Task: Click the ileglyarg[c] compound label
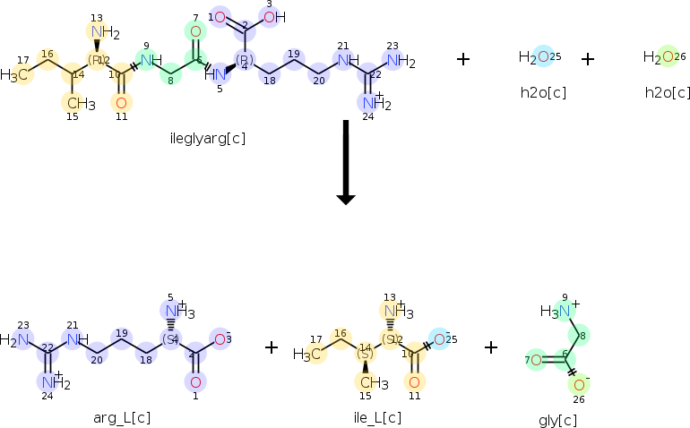point(207,139)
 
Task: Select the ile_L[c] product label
point(377,417)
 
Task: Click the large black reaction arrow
point(345,162)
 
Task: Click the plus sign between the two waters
point(588,59)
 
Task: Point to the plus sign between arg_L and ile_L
point(272,347)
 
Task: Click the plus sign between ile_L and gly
point(491,347)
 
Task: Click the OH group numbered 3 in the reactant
point(274,17)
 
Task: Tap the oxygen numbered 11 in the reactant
point(121,102)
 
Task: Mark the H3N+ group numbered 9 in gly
point(556,312)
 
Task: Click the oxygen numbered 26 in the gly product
point(579,382)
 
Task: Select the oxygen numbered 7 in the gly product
point(535,360)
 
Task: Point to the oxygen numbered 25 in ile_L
point(438,338)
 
